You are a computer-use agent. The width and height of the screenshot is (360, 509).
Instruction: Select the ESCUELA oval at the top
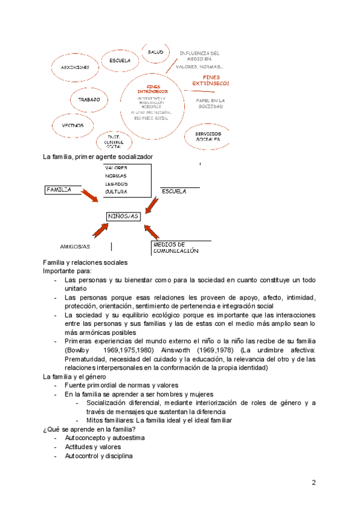tap(120, 61)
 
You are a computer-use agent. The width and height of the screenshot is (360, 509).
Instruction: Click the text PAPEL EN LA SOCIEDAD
tap(211, 103)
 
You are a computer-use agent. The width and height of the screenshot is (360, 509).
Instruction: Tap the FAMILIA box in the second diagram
tap(59, 190)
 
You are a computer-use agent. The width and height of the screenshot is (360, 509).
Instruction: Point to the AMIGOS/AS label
tap(75, 246)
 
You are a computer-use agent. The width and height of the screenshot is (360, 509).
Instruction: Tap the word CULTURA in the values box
tap(116, 191)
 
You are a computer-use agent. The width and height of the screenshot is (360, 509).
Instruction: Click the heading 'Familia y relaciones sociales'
tap(85, 262)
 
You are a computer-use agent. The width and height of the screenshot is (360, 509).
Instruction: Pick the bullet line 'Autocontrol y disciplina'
tap(98, 456)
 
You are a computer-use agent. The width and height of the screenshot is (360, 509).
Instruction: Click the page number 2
tap(313, 483)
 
